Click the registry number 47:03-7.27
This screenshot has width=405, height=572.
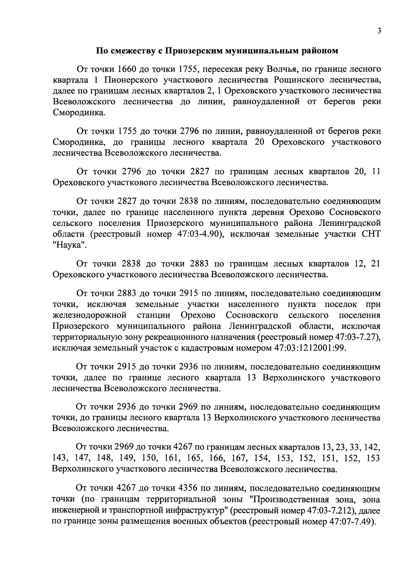pos(358,337)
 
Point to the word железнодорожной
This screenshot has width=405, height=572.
pos(89,315)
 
